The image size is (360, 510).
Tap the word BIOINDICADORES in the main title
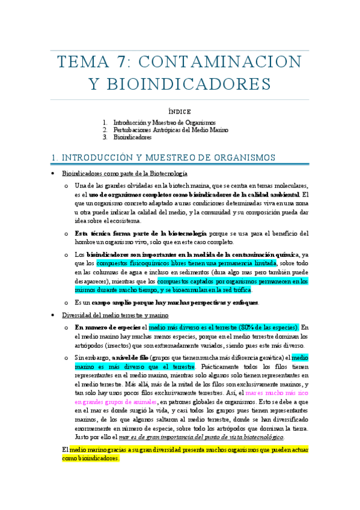coord(180,84)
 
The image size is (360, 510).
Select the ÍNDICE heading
coord(179,112)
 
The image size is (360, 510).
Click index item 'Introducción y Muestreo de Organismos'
coord(164,123)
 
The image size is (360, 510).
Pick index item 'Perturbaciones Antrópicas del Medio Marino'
coord(171,130)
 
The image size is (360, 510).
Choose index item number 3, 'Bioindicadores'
coord(132,137)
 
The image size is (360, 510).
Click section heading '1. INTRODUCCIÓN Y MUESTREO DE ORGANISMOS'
coord(163,158)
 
